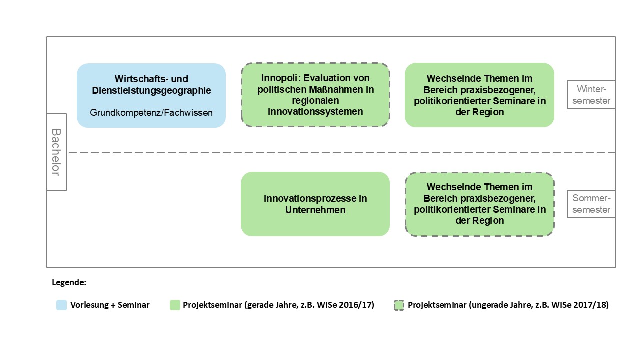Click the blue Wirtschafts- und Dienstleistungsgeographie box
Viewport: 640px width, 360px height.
[x=151, y=95]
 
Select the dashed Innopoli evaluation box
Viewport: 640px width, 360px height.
[x=315, y=95]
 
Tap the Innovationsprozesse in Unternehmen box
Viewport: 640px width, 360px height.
[x=315, y=204]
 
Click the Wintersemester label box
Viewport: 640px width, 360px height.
[x=591, y=95]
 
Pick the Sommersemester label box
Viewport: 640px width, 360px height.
[x=591, y=204]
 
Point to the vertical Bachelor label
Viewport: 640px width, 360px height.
[x=56, y=152]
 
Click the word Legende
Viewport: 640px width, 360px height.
[x=69, y=282]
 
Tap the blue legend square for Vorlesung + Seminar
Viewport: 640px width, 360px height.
[x=61, y=305]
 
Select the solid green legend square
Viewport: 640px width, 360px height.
[x=175, y=305]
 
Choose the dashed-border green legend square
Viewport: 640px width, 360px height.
[x=399, y=305]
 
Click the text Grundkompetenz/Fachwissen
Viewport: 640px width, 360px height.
[x=151, y=113]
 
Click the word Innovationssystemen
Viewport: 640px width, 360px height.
[x=315, y=111]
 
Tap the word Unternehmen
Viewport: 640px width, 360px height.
[x=315, y=210]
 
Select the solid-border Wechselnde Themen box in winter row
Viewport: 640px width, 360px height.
[x=479, y=95]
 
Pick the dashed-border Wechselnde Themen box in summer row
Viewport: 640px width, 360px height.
[x=480, y=204]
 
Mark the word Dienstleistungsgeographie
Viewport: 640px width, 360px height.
[x=151, y=91]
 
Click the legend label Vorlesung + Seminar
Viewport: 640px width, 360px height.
[x=110, y=305]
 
